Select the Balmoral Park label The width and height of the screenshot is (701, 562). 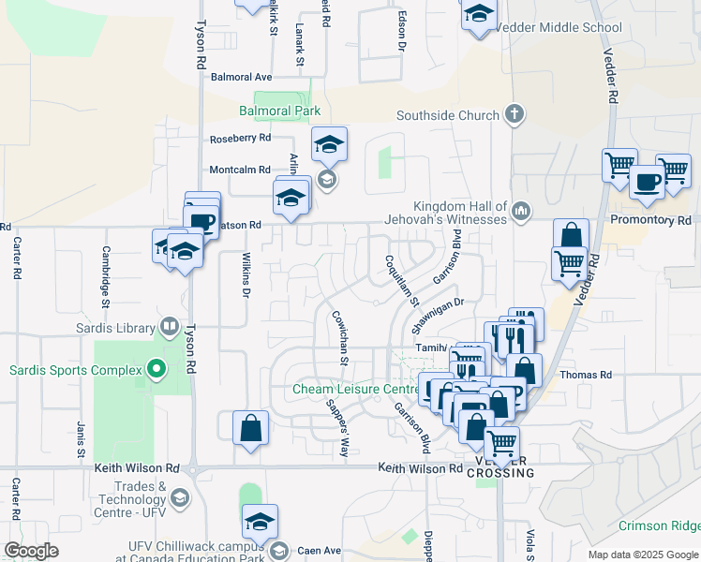click(x=279, y=111)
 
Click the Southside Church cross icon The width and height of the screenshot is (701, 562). click(x=513, y=115)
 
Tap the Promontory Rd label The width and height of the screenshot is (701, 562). click(x=649, y=220)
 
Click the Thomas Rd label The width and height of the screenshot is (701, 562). click(x=586, y=375)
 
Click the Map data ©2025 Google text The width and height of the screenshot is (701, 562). click(x=643, y=555)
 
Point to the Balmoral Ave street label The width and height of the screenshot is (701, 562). click(x=241, y=77)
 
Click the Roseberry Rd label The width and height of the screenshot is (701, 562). click(x=240, y=138)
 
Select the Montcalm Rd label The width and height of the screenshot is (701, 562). click(x=240, y=170)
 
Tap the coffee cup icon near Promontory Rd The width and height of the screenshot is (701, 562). click(x=646, y=182)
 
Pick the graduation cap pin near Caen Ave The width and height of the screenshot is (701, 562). click(x=260, y=523)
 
